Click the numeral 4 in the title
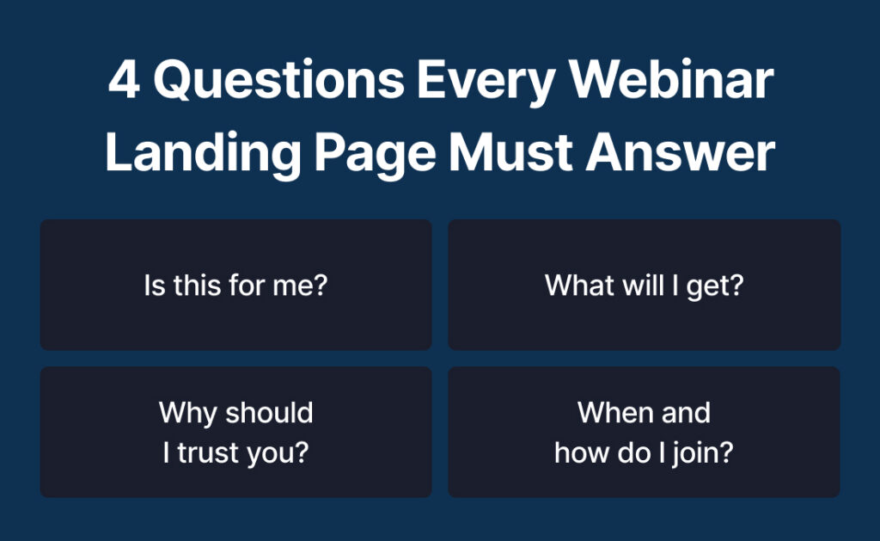124,82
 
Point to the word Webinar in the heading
673,82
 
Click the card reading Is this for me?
235,285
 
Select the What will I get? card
644,285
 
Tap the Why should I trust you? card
235,432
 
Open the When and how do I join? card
644,432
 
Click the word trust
210,453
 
